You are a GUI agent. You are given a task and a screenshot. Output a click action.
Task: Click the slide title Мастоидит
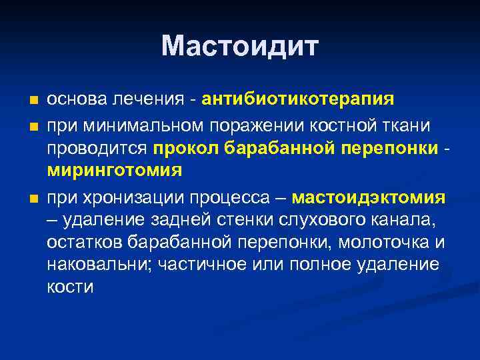pyautogui.click(x=240, y=46)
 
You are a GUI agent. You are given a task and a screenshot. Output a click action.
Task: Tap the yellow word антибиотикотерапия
pyautogui.click(x=302, y=99)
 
